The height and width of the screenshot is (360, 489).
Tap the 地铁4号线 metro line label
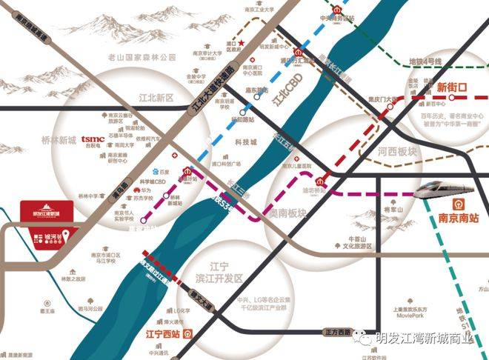tap(425, 60)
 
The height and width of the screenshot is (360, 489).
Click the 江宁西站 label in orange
tap(164, 333)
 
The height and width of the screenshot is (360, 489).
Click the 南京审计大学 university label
tap(200, 53)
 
